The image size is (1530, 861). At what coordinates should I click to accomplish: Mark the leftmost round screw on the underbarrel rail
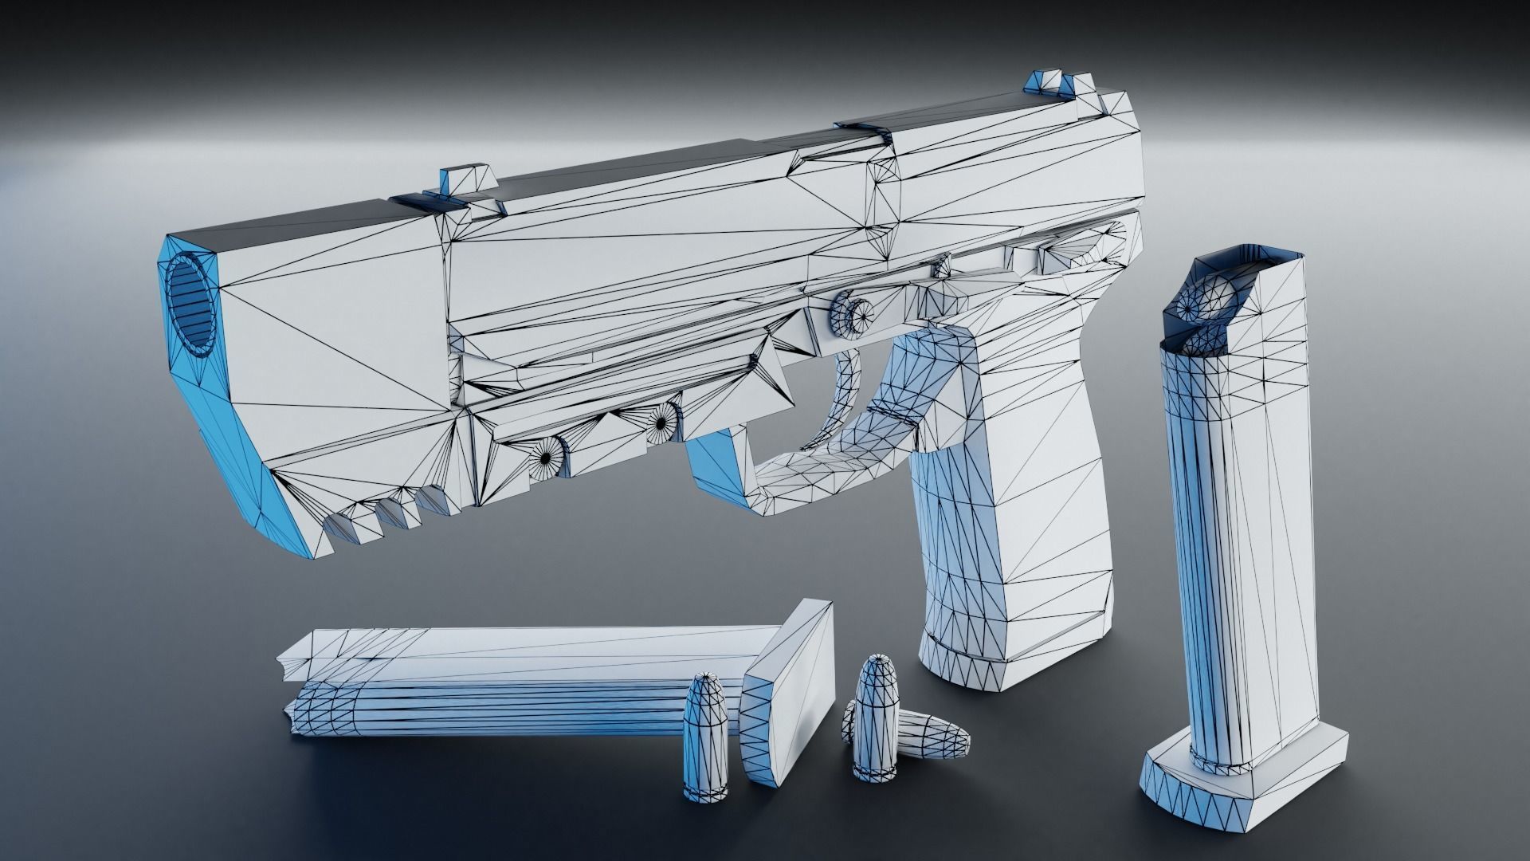[545, 458]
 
